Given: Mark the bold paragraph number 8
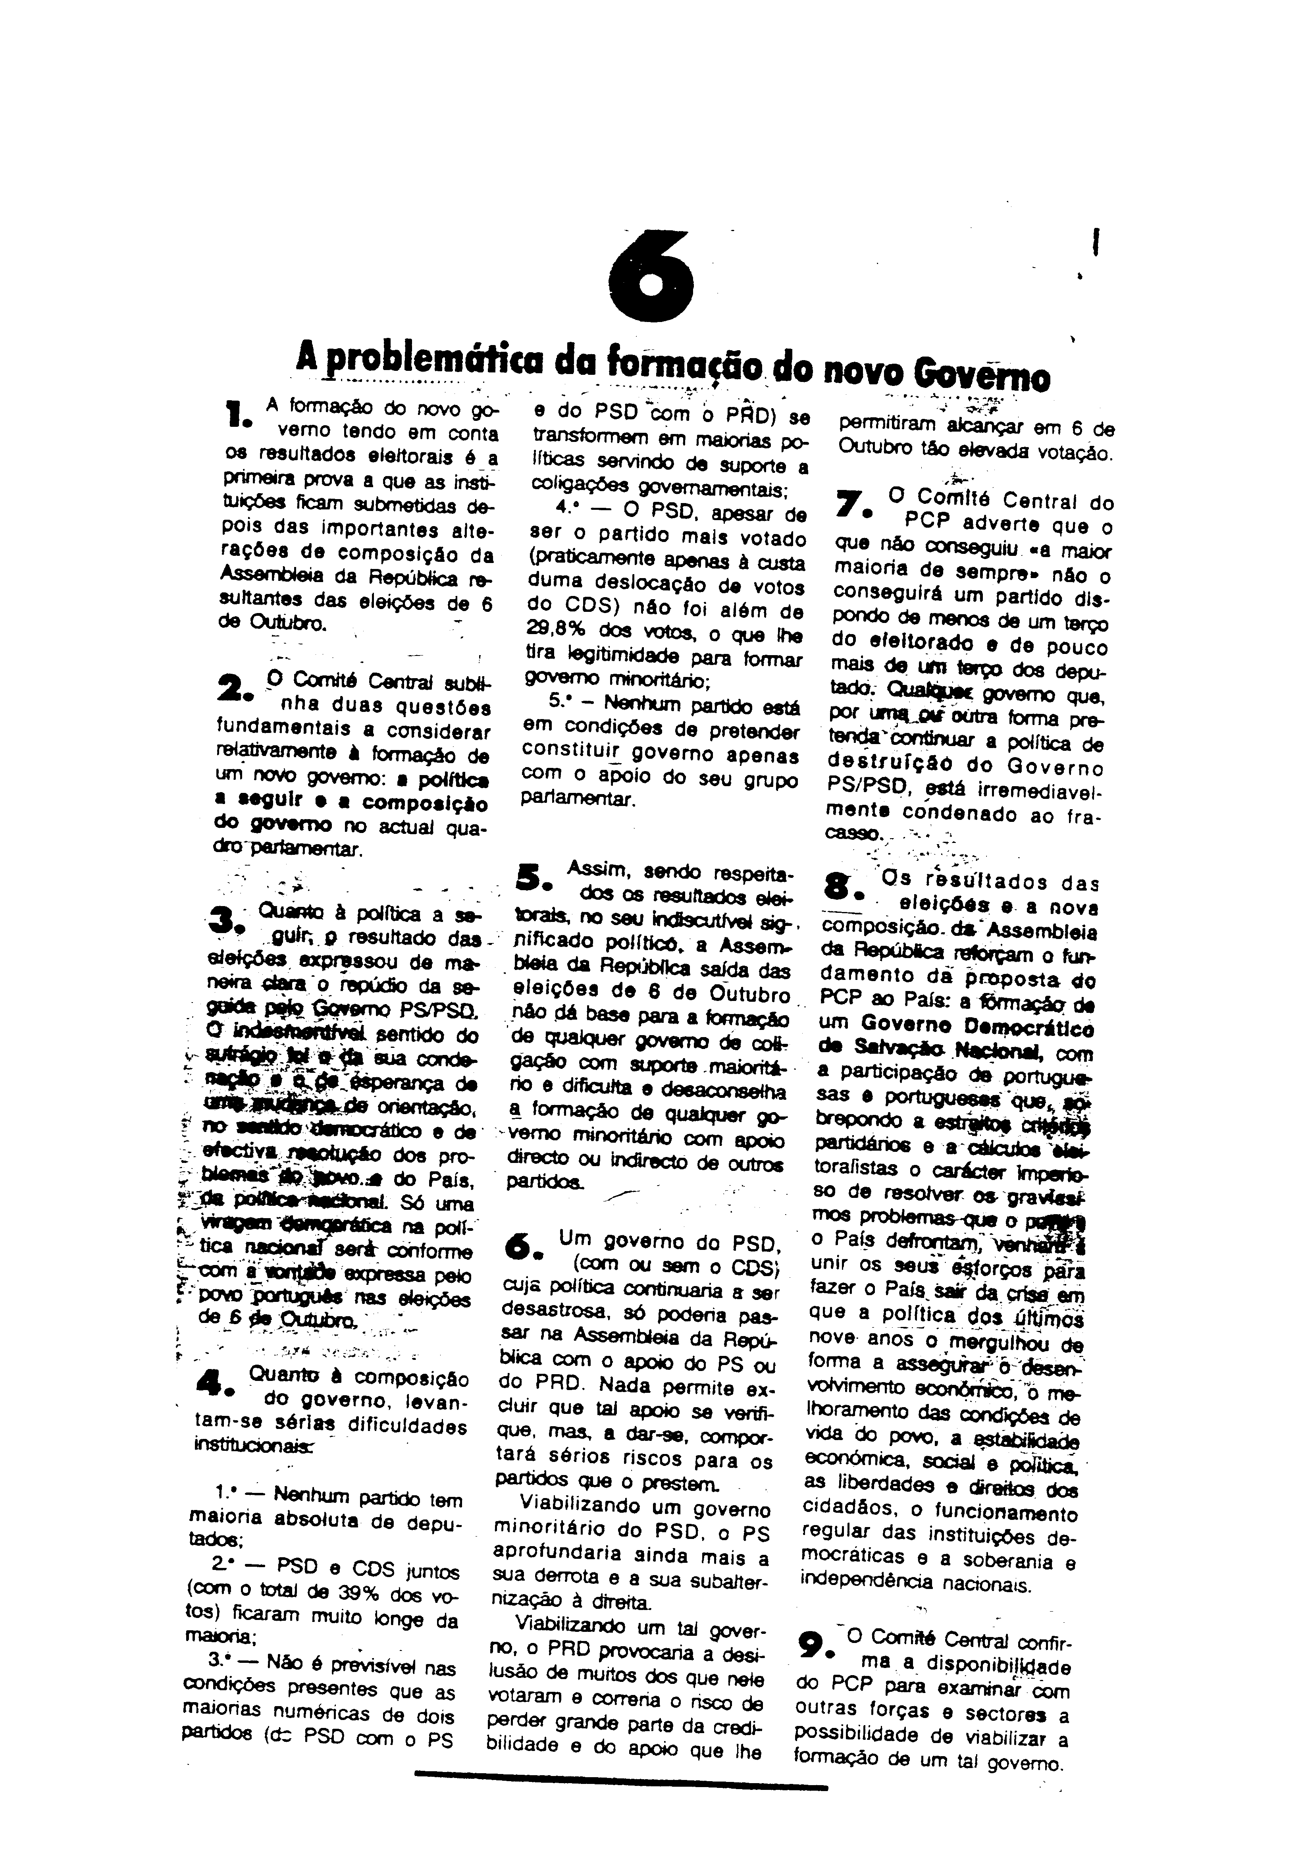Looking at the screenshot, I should click(842, 887).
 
